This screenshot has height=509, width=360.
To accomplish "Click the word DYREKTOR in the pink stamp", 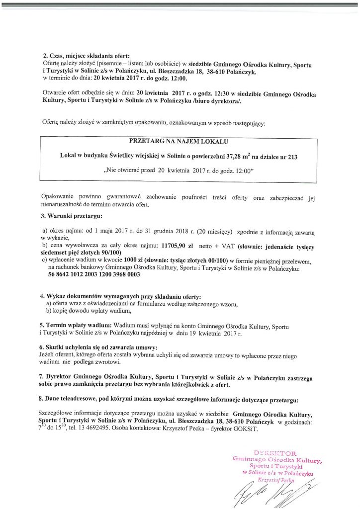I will point(274,453).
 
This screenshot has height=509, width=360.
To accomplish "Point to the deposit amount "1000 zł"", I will point(133,260).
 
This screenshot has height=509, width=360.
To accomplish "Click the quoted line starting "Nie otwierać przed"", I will point(179,170).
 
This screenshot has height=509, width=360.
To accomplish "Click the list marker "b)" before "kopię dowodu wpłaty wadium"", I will point(49,311).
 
